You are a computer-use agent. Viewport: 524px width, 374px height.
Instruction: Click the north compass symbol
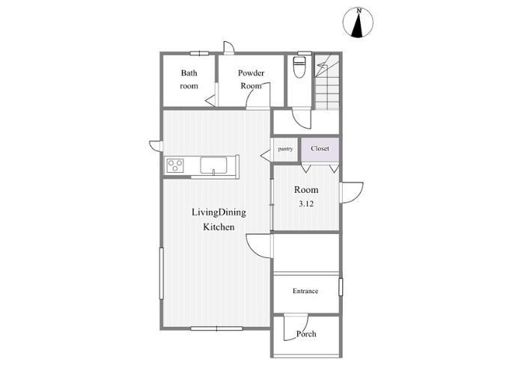point(358,22)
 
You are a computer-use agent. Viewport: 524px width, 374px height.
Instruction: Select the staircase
point(327,82)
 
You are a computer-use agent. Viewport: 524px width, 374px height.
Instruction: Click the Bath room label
point(189,79)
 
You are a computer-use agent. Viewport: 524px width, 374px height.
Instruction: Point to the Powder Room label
point(251,79)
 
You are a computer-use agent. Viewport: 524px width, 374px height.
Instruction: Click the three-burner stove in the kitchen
point(175,165)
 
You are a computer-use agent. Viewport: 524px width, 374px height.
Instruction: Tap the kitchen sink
point(213,165)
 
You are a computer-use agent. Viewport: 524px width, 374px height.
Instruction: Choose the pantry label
point(285,149)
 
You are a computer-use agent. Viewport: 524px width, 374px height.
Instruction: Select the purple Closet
point(320,150)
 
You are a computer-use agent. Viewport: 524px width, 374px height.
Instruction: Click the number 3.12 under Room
point(306,203)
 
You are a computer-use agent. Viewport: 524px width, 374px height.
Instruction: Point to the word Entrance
point(305,291)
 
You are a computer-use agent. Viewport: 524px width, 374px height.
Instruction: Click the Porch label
point(306,334)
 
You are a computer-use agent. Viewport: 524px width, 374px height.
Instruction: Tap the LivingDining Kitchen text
point(219,219)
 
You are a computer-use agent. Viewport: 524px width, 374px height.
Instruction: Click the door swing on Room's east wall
point(352,192)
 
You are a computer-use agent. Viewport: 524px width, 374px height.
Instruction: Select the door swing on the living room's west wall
point(156,147)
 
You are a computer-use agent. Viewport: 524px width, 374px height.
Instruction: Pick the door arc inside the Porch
point(296,328)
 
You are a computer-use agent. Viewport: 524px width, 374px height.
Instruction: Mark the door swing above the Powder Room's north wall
point(229,47)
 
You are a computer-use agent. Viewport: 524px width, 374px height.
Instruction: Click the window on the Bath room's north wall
point(200,53)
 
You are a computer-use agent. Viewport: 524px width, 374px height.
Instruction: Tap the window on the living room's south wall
point(216,328)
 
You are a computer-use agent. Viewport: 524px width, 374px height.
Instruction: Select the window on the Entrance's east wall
point(341,287)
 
